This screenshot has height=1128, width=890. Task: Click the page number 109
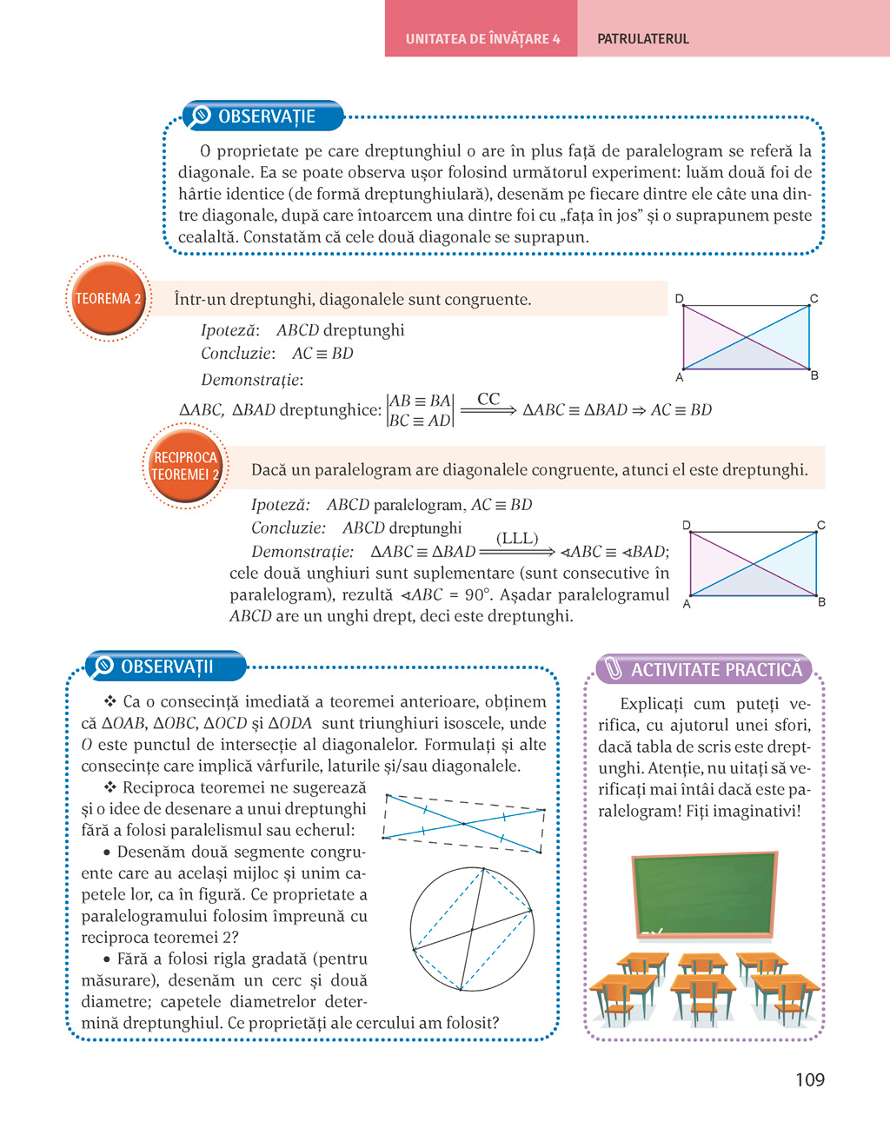[x=809, y=1079]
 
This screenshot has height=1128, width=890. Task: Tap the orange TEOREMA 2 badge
[x=108, y=299]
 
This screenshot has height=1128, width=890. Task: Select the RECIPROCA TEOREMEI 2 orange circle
[x=185, y=466]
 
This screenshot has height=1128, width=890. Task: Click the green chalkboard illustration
[x=704, y=893]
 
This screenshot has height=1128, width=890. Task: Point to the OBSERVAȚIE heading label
[x=266, y=116]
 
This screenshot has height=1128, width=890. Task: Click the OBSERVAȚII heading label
[x=166, y=667]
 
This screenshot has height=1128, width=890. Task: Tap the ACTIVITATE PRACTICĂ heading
[x=716, y=670]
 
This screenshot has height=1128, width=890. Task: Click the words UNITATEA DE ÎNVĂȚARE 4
[x=482, y=39]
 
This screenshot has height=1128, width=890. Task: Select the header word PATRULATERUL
[x=643, y=39]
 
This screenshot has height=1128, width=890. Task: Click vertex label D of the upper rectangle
[x=680, y=299]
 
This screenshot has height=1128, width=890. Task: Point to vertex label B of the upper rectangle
[x=814, y=375]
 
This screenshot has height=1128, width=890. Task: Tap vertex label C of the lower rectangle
[x=820, y=525]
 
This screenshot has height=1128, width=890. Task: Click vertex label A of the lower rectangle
[x=687, y=604]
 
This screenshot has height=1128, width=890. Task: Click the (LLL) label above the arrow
[x=517, y=539]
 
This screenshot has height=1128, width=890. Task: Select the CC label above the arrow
[x=488, y=399]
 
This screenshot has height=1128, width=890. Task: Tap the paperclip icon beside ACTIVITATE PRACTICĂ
[x=614, y=668]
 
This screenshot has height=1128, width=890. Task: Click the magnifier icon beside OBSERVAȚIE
[x=201, y=116]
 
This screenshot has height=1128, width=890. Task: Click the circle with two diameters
[x=471, y=929]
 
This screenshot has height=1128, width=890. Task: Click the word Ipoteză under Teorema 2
[x=229, y=330]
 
